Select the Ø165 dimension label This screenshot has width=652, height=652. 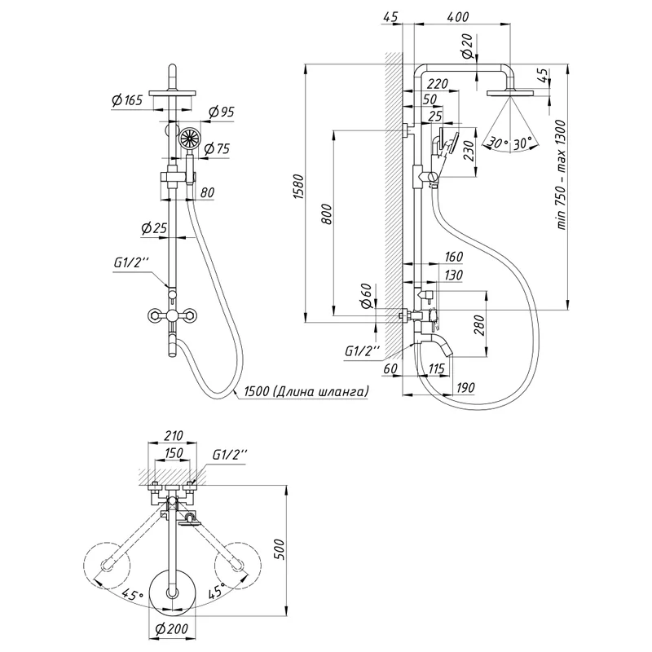coord(127,100)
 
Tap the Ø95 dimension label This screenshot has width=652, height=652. coord(221,112)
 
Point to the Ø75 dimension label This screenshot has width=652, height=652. coord(216,148)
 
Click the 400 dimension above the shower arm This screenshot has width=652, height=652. coord(459,17)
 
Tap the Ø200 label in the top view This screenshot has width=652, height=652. coord(171,628)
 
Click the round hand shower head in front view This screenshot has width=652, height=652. coord(189,138)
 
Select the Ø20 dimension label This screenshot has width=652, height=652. coord(466,51)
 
